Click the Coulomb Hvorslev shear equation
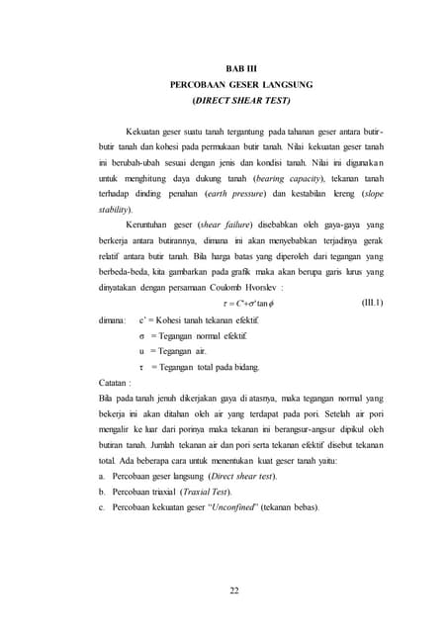[x=247, y=304]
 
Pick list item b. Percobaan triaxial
[x=164, y=493]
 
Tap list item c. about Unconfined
[x=209, y=508]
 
